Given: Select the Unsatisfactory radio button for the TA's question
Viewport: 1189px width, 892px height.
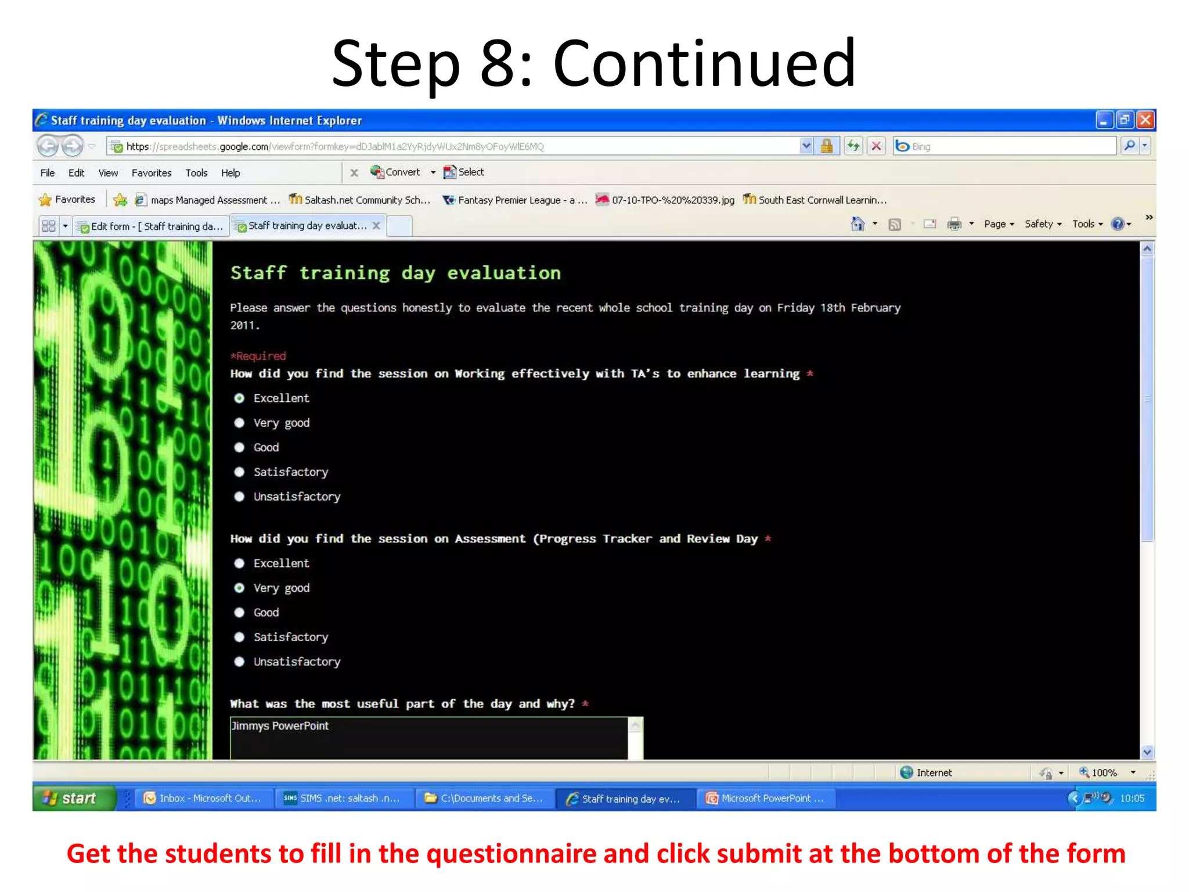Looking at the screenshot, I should [239, 497].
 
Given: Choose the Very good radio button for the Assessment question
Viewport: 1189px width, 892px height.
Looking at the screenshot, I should [239, 588].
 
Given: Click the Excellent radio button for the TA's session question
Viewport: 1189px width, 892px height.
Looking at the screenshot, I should [239, 398].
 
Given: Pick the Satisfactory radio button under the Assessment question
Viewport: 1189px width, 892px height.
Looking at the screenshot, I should [239, 637].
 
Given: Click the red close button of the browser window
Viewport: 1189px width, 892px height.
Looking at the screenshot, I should [1145, 120].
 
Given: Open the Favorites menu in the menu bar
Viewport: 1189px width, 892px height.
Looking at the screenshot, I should [151, 173].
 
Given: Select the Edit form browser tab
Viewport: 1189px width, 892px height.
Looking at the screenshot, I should [151, 226].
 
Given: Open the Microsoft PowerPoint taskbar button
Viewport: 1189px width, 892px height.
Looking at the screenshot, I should [765, 799].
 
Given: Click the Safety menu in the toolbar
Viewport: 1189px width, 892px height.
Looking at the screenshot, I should [1042, 224].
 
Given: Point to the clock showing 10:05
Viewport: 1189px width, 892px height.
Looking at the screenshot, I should [1132, 799].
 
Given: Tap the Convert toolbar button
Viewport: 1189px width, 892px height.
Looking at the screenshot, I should [402, 172].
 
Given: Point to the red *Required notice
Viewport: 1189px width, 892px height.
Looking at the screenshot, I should [258, 356].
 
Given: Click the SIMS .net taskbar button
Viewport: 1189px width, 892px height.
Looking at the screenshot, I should [343, 799].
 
